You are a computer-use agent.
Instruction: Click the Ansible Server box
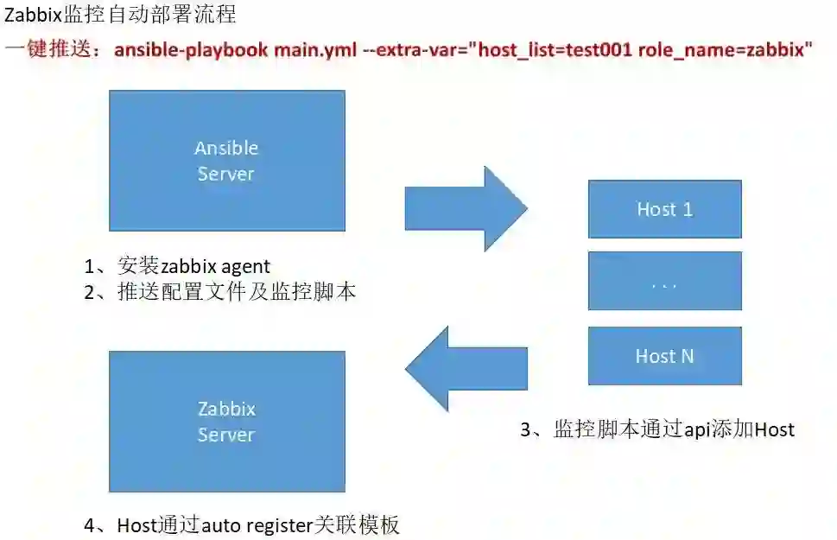[x=226, y=161]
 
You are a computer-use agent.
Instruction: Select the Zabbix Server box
[x=226, y=422]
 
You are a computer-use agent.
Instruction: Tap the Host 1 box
[x=664, y=209]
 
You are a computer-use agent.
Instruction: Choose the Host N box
[x=664, y=356]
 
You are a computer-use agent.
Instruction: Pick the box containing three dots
[x=664, y=281]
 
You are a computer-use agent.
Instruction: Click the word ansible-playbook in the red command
[x=191, y=49]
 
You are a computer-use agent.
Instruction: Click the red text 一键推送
[x=52, y=49]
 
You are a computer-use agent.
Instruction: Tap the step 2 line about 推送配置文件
[x=220, y=292]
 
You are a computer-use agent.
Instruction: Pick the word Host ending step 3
[x=774, y=429]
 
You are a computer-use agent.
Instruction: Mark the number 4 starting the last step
[x=90, y=524]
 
